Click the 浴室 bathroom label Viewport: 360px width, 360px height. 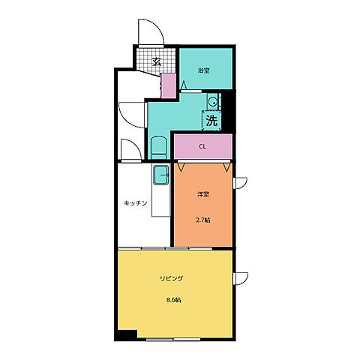[x=203, y=70]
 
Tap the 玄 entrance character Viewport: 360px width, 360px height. [x=157, y=61]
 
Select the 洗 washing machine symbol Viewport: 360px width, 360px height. [x=211, y=121]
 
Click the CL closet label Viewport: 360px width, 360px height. [x=202, y=147]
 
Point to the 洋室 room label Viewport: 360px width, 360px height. [x=203, y=194]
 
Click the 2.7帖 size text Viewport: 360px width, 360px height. [x=202, y=220]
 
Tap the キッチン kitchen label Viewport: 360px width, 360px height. [x=135, y=203]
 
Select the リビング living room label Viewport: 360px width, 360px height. [x=172, y=278]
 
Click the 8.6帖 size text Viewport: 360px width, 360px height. [x=174, y=300]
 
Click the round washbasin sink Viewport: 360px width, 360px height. [x=213, y=101]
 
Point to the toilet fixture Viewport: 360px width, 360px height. [x=159, y=148]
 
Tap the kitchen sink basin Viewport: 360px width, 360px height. [x=160, y=175]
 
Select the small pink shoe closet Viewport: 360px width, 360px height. [x=169, y=85]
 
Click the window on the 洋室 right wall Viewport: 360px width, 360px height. [x=240, y=183]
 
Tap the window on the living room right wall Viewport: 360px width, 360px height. [x=241, y=278]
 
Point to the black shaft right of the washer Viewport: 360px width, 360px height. [x=228, y=111]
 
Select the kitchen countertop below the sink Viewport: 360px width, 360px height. [x=160, y=200]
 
